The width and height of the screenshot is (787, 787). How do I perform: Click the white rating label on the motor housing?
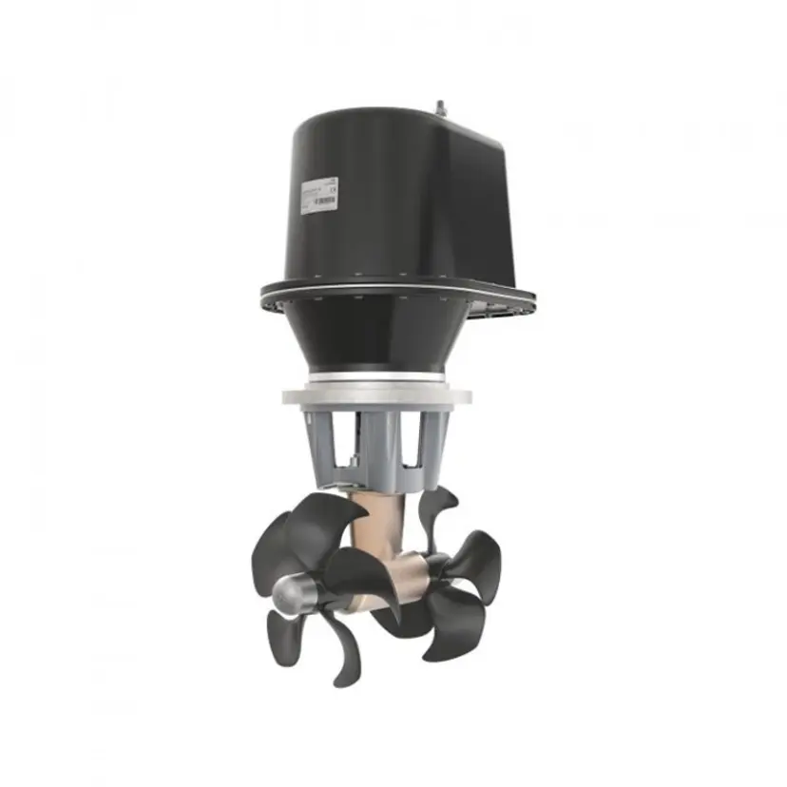(317, 194)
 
